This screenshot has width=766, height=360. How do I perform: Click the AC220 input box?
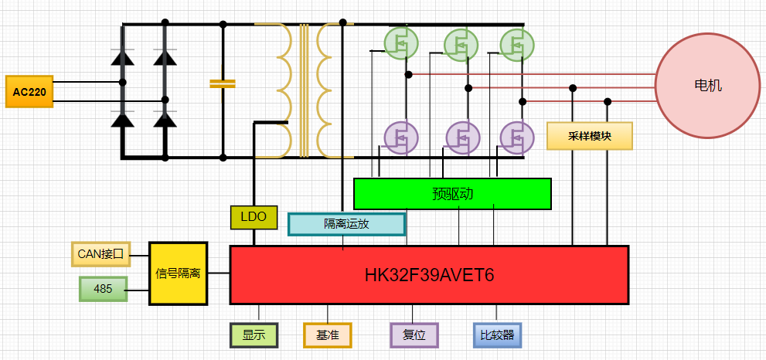point(29,91)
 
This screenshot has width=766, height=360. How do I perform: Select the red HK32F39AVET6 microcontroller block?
point(429,275)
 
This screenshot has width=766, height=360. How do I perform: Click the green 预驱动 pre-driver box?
point(452,194)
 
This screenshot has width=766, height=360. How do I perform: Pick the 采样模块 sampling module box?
point(589,136)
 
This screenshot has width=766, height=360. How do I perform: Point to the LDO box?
point(253,218)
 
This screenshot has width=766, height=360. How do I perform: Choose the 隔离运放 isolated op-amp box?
point(346,224)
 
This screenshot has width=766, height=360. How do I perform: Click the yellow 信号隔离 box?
point(178,273)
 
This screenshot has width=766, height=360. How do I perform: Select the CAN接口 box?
point(100,253)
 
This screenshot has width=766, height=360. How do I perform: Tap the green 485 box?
point(103,289)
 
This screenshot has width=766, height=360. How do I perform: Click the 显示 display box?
point(254,335)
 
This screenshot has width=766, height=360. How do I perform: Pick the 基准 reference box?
point(327,335)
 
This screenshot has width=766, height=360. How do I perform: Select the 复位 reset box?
point(414,335)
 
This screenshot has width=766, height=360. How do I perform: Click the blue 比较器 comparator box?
point(497,335)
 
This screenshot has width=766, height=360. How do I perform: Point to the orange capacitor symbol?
point(222,83)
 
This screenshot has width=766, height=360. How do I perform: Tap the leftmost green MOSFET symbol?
point(400,43)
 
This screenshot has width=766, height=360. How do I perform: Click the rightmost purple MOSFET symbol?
point(516,137)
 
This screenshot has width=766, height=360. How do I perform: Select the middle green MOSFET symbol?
point(460,43)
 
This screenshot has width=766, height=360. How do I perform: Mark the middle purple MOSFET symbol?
point(461,137)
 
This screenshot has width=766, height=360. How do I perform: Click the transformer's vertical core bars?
point(304,89)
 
